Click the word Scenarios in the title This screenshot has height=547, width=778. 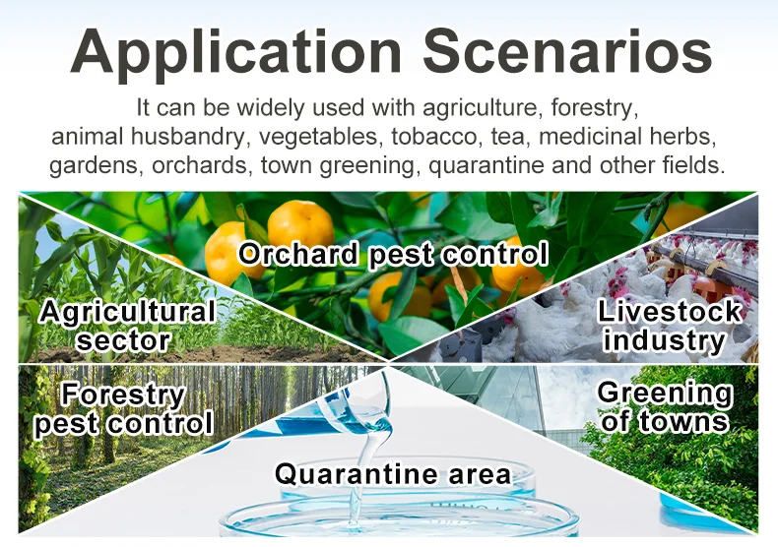click(557, 51)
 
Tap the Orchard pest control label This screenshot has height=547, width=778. click(393, 254)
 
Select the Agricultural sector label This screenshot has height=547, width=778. click(125, 327)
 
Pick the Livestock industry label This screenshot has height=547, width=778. click(669, 327)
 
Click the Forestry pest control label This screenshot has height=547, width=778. click(123, 410)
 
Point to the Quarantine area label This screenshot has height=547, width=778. click(393, 474)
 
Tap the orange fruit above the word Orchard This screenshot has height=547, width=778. click(300, 222)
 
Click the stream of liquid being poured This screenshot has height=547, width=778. click(366, 433)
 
